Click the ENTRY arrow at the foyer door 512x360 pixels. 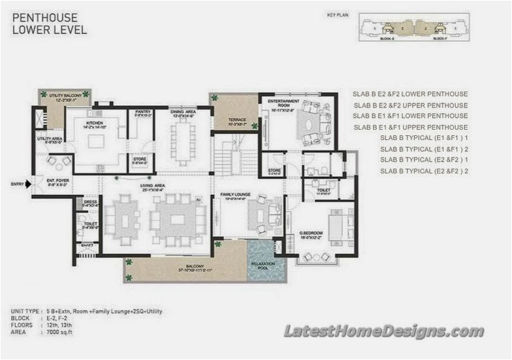tap(28, 185)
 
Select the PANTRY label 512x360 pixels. tap(143, 112)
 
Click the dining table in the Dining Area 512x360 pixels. tap(185, 140)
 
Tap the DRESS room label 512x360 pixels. tap(89, 203)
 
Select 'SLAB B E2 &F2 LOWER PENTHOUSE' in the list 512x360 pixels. tap(410, 94)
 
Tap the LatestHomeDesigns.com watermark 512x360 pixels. tap(384, 331)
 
